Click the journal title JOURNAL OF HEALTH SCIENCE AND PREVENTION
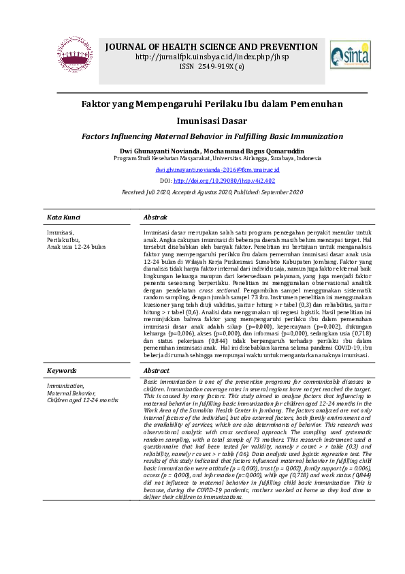coord(211,47)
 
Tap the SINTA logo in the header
coord(350,54)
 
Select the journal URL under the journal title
coord(211,57)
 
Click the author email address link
coord(208,169)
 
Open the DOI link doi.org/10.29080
coord(224,181)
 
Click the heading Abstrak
coord(156,217)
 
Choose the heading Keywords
coord(61,370)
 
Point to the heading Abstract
coord(157,370)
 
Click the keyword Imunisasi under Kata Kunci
coord(60,232)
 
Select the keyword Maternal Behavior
coord(71,393)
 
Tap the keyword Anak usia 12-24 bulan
coord(76,246)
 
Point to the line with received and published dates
coord(212,193)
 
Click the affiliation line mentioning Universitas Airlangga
coord(217,157)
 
